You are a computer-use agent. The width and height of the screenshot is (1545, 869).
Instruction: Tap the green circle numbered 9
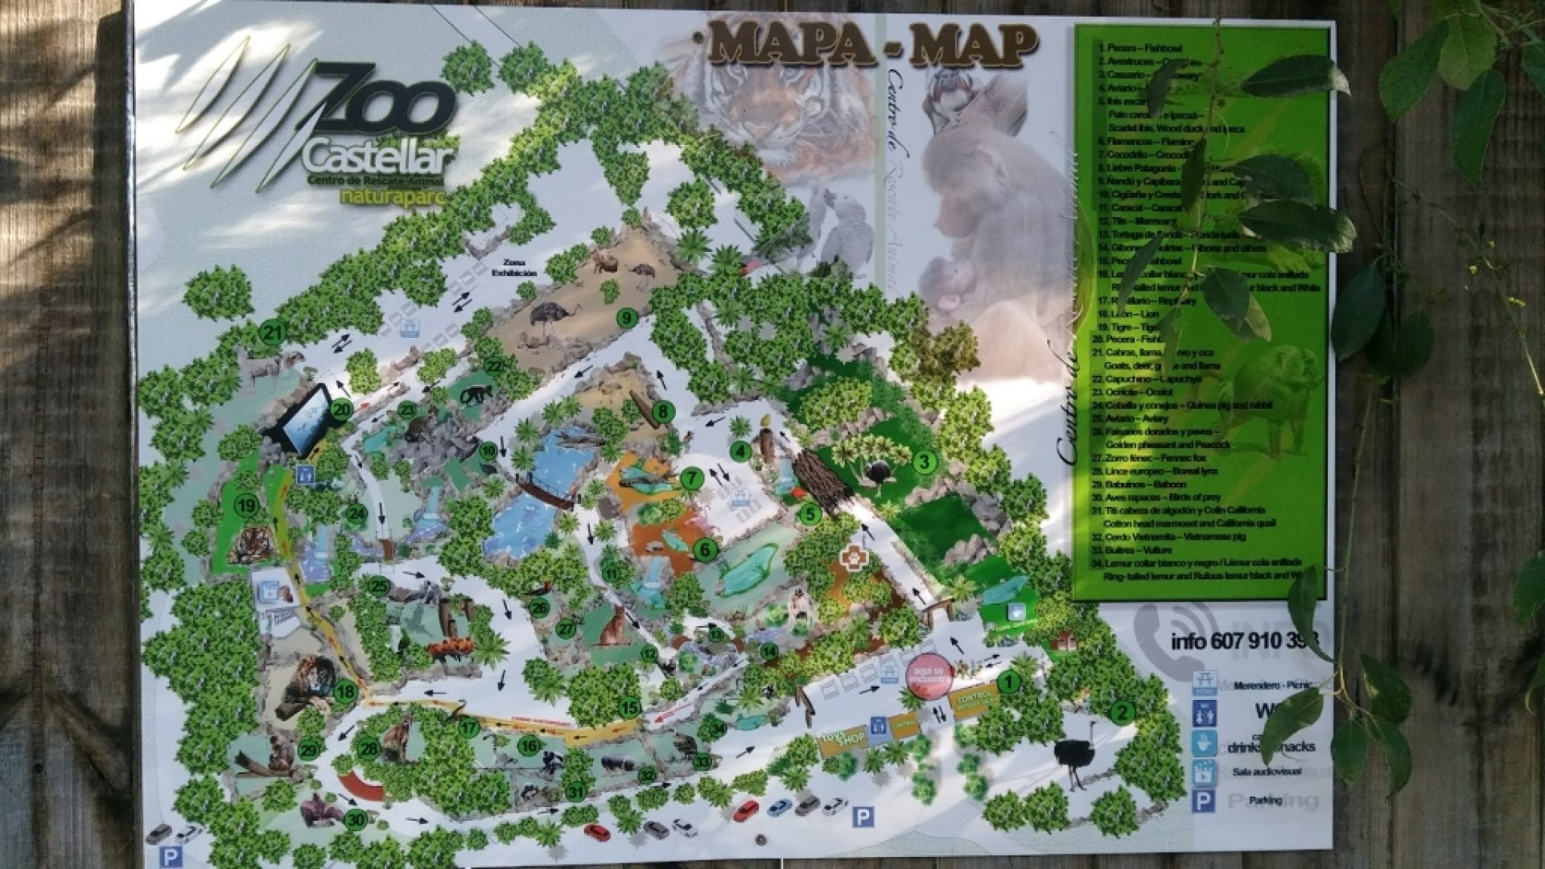[627, 318]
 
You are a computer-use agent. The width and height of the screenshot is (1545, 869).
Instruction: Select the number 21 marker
[274, 332]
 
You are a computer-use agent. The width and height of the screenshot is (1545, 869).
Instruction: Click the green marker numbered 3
[925, 461]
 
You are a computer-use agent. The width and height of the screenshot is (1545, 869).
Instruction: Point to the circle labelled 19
[245, 506]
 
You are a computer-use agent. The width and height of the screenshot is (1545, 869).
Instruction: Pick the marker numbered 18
[346, 690]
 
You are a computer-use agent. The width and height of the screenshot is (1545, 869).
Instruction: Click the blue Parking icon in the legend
[1205, 801]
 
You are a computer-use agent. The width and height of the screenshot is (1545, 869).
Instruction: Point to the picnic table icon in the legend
[1205, 683]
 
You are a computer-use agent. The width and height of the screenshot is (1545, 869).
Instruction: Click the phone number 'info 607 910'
[1239, 642]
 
